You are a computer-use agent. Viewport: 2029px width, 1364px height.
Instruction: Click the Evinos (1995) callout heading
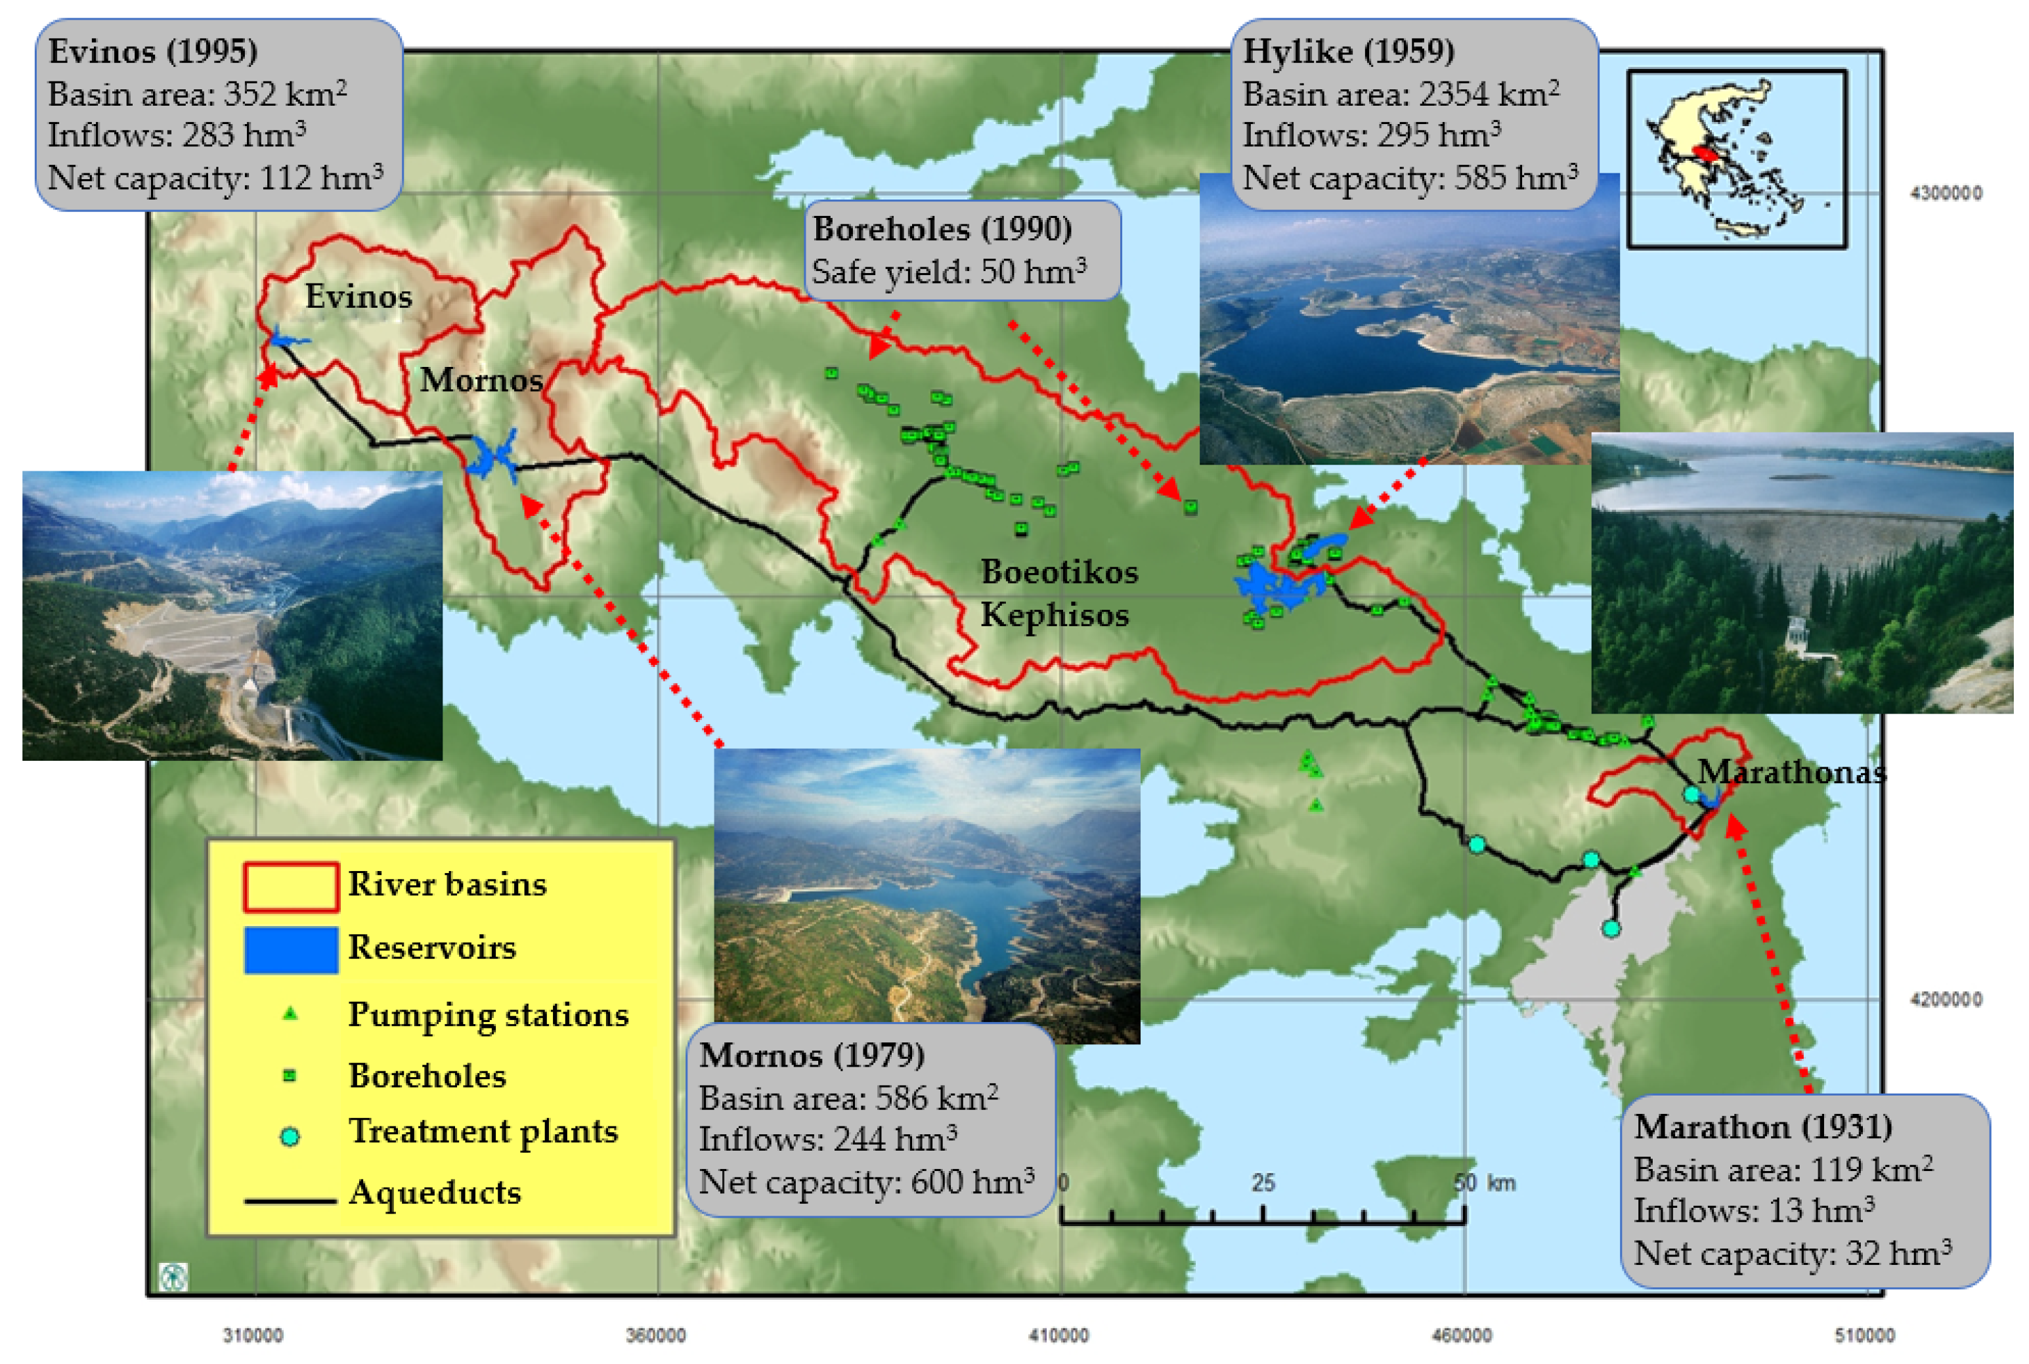click(152, 51)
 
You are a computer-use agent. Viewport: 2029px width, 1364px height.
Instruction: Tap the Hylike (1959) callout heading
click(1347, 51)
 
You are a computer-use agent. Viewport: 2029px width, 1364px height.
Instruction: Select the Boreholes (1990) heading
click(942, 229)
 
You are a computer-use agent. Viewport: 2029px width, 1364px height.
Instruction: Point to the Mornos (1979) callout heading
click(811, 1055)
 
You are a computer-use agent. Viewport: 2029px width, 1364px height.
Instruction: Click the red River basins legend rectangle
click(291, 886)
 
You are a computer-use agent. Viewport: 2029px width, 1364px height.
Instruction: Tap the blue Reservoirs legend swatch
click(291, 949)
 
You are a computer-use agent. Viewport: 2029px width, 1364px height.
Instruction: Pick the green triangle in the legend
click(291, 1014)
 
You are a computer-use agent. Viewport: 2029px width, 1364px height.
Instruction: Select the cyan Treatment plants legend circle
click(291, 1136)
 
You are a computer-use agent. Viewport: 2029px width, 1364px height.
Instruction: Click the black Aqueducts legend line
click(291, 1201)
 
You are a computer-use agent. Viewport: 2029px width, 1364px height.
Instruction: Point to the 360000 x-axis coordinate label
click(655, 1334)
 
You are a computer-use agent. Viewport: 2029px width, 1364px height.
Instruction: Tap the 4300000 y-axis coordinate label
click(1946, 193)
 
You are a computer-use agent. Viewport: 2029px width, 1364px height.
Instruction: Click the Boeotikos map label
click(1059, 572)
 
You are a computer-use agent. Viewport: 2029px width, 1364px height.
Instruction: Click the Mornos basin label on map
click(481, 380)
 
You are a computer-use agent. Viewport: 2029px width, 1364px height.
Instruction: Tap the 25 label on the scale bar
click(1263, 1183)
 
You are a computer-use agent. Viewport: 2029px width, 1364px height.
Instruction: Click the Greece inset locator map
click(1737, 160)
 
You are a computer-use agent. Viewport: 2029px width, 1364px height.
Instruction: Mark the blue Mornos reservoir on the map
click(492, 454)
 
